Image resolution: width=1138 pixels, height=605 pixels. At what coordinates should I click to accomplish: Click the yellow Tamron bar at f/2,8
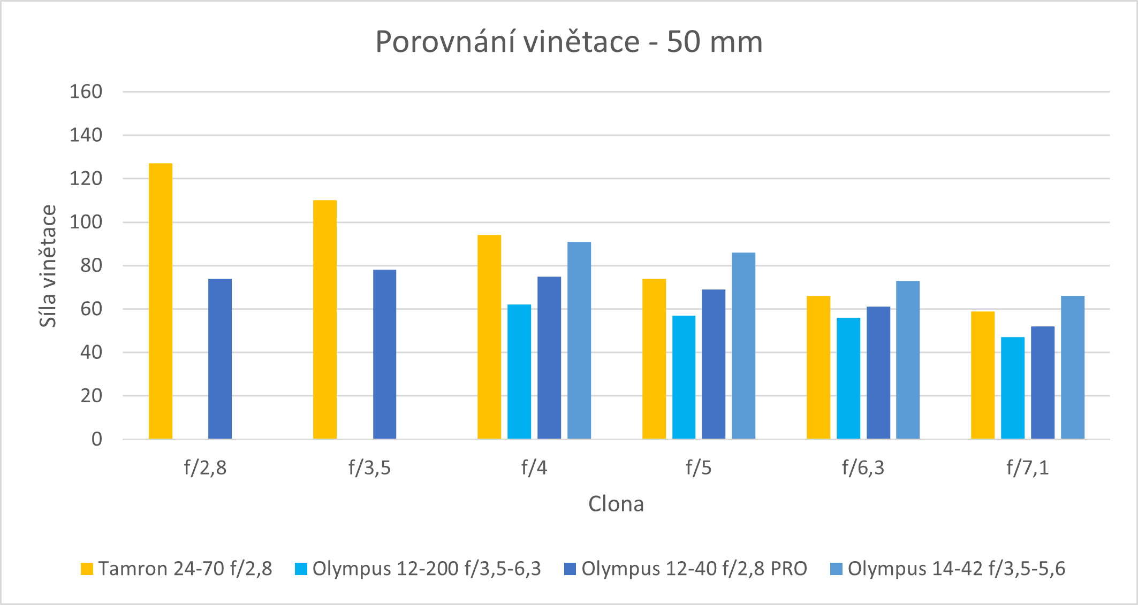(x=161, y=301)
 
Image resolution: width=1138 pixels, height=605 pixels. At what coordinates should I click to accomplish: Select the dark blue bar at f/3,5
(x=384, y=354)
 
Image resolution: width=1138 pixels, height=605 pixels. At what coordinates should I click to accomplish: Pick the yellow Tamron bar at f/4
(x=489, y=337)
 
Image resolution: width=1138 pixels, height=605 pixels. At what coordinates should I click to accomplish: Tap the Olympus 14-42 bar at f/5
(x=744, y=346)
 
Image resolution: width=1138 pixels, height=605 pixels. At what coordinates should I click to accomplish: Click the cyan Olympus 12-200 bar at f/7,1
(x=1013, y=388)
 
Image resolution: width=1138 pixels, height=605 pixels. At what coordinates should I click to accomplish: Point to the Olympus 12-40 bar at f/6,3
(x=878, y=373)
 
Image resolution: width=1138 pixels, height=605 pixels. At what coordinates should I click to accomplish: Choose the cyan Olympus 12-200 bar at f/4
(x=519, y=372)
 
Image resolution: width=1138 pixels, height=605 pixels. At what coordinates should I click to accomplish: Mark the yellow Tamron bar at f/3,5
(x=325, y=319)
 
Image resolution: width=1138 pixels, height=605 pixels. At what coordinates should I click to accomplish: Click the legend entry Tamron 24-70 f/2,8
(x=177, y=569)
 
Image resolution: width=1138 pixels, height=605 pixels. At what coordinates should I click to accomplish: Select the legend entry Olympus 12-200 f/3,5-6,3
(x=418, y=569)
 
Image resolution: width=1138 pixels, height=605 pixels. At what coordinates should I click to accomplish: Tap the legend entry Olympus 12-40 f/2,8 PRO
(x=686, y=569)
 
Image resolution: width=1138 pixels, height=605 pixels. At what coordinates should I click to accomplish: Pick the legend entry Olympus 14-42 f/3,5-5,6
(x=948, y=569)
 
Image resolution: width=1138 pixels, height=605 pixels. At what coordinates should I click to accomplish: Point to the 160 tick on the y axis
(x=86, y=92)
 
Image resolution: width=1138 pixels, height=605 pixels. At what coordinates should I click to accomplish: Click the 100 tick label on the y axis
(x=86, y=222)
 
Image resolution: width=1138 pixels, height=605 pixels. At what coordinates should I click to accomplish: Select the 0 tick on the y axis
(x=97, y=439)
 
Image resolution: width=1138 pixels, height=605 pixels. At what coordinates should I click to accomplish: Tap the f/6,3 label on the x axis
(x=863, y=468)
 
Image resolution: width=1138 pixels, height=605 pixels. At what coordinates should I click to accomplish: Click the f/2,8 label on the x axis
(x=205, y=468)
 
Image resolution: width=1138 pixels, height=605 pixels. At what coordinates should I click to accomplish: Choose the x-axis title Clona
(x=616, y=504)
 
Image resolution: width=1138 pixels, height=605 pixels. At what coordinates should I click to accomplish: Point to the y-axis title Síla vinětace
(x=48, y=266)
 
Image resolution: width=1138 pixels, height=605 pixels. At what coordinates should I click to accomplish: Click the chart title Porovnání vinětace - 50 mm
(x=569, y=42)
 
